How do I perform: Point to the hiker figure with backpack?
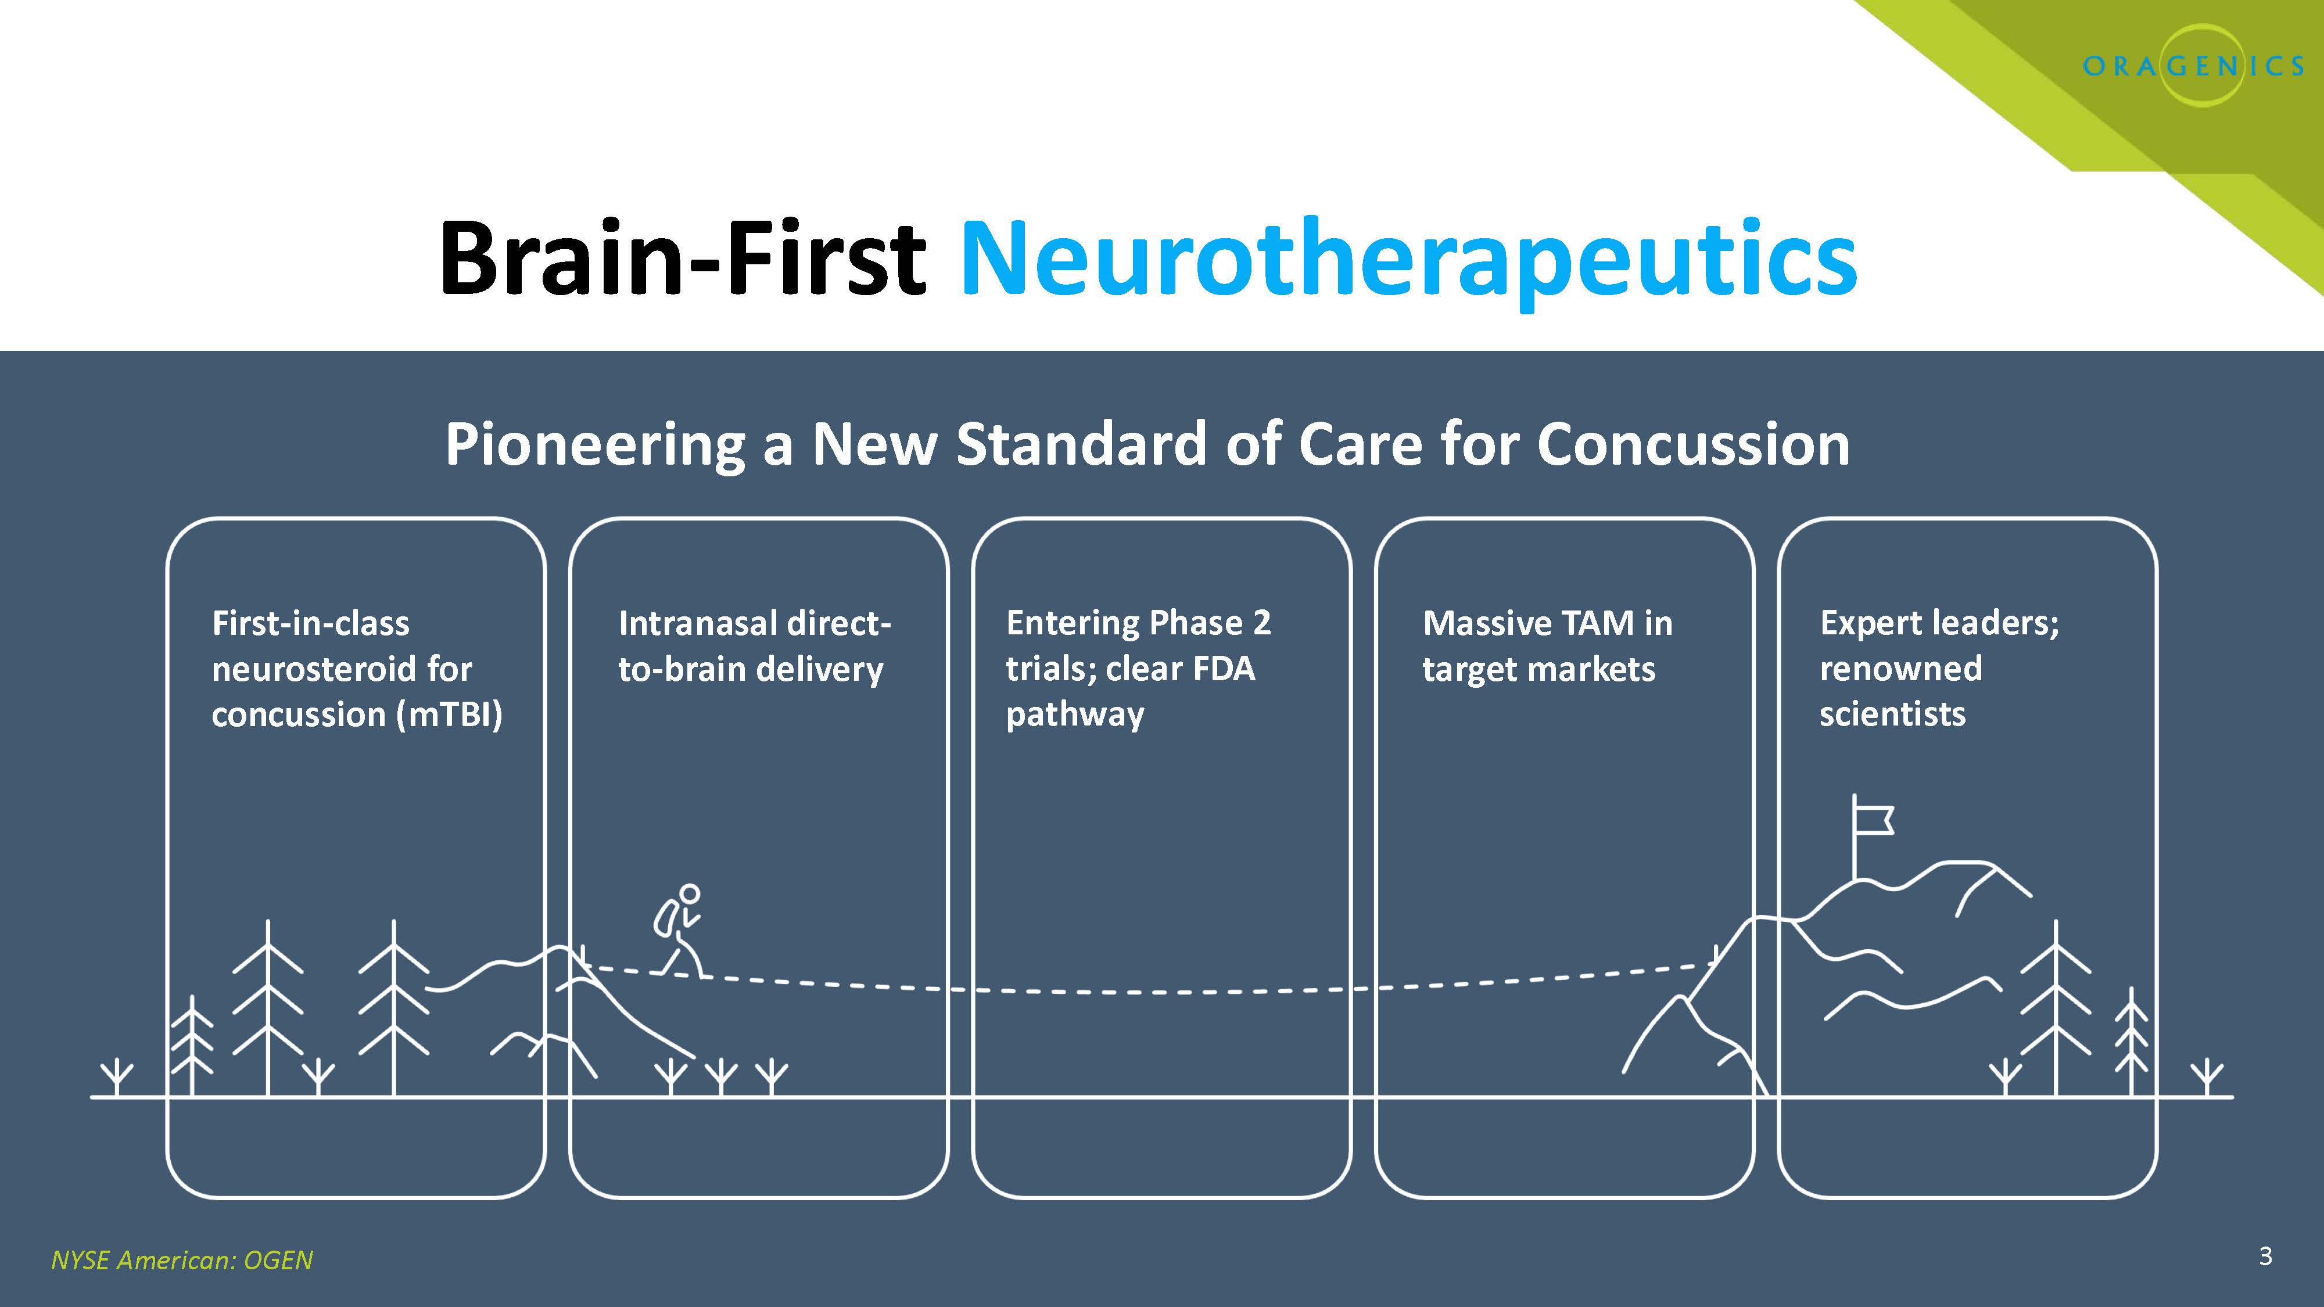[679, 931]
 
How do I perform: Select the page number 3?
[2265, 1255]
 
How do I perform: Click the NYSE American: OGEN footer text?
[181, 1260]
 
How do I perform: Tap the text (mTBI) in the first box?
[449, 714]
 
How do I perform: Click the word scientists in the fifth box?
[1892, 714]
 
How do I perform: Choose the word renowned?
[1901, 669]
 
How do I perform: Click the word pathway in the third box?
[1074, 714]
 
